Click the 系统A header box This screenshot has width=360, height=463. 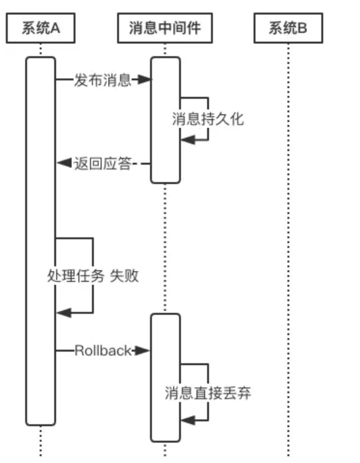[41, 29]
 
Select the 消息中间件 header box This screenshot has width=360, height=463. [165, 29]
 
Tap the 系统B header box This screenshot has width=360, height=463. [288, 29]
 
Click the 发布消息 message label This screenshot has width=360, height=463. [103, 80]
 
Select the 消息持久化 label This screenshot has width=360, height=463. [208, 119]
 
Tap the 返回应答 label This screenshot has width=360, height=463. [103, 164]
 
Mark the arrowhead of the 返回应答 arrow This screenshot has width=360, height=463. [63, 164]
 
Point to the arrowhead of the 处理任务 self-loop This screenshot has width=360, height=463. [63, 313]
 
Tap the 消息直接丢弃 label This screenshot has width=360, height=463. [208, 393]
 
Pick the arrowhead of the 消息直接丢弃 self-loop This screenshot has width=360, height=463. [187, 420]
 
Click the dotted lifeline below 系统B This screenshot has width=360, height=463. [288, 242]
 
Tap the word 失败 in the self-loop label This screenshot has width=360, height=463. [125, 276]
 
